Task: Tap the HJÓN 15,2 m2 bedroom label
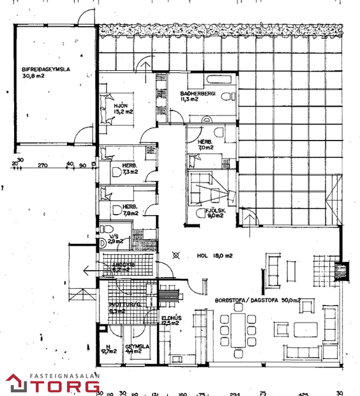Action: coord(123,109)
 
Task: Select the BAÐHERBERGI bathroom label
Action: coord(198,96)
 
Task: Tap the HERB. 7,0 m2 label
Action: coord(205,144)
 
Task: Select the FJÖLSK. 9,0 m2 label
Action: coord(213,213)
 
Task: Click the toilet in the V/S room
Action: coord(105,229)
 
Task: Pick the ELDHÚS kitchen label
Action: coord(169,321)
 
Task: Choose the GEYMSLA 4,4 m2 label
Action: coord(137,349)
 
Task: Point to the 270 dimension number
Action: coord(43,165)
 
